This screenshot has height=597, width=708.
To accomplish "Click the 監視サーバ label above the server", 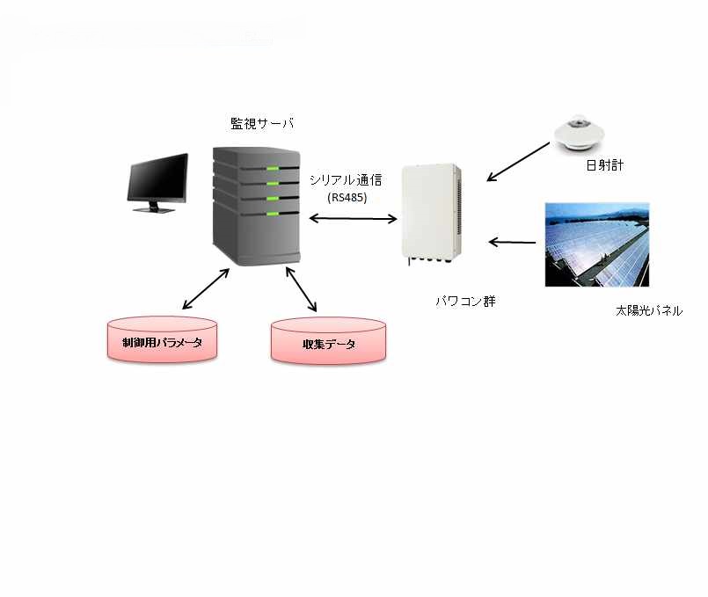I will click(x=261, y=125).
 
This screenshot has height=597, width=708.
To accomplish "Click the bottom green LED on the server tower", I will click(x=273, y=211).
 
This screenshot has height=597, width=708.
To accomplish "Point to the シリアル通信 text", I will click(x=346, y=179).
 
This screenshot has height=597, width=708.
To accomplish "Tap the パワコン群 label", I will click(x=466, y=301).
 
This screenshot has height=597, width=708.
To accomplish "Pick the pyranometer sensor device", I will click(x=580, y=133).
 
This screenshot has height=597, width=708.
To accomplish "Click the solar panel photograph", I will click(x=595, y=244).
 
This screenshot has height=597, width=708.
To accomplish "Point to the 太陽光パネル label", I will click(x=648, y=311).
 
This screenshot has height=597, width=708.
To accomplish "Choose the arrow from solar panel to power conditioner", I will click(x=513, y=241).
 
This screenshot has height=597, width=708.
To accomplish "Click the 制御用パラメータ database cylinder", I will click(x=161, y=340).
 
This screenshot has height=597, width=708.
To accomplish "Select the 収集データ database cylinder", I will click(x=328, y=341).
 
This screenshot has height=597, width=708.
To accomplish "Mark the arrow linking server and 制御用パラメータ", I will click(x=205, y=289).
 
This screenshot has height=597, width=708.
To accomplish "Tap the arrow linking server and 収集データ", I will click(x=301, y=289).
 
